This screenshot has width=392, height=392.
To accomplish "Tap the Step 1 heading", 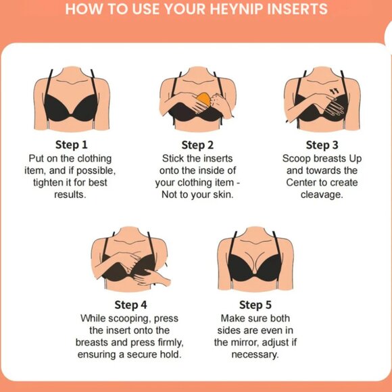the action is coord(72,145).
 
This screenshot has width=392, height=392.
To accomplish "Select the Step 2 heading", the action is coord(197,145).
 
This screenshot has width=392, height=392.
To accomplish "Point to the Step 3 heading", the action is coord(322,145).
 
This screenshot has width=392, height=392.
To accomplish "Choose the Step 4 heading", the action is coord(130,305).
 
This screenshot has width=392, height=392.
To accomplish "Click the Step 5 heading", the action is coord(255,305).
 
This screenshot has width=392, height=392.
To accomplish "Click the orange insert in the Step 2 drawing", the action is coord(203,99).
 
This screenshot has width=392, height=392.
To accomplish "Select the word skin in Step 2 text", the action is coord(223,195).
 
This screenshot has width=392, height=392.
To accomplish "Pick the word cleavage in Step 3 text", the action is coord(322,195).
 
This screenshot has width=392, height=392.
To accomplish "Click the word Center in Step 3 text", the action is coord(300,182).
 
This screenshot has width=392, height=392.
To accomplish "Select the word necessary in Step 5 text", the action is coord(255,355).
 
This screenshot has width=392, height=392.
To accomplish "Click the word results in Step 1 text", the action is coord(70,195).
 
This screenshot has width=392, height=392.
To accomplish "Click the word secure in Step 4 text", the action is coord(142,355).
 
